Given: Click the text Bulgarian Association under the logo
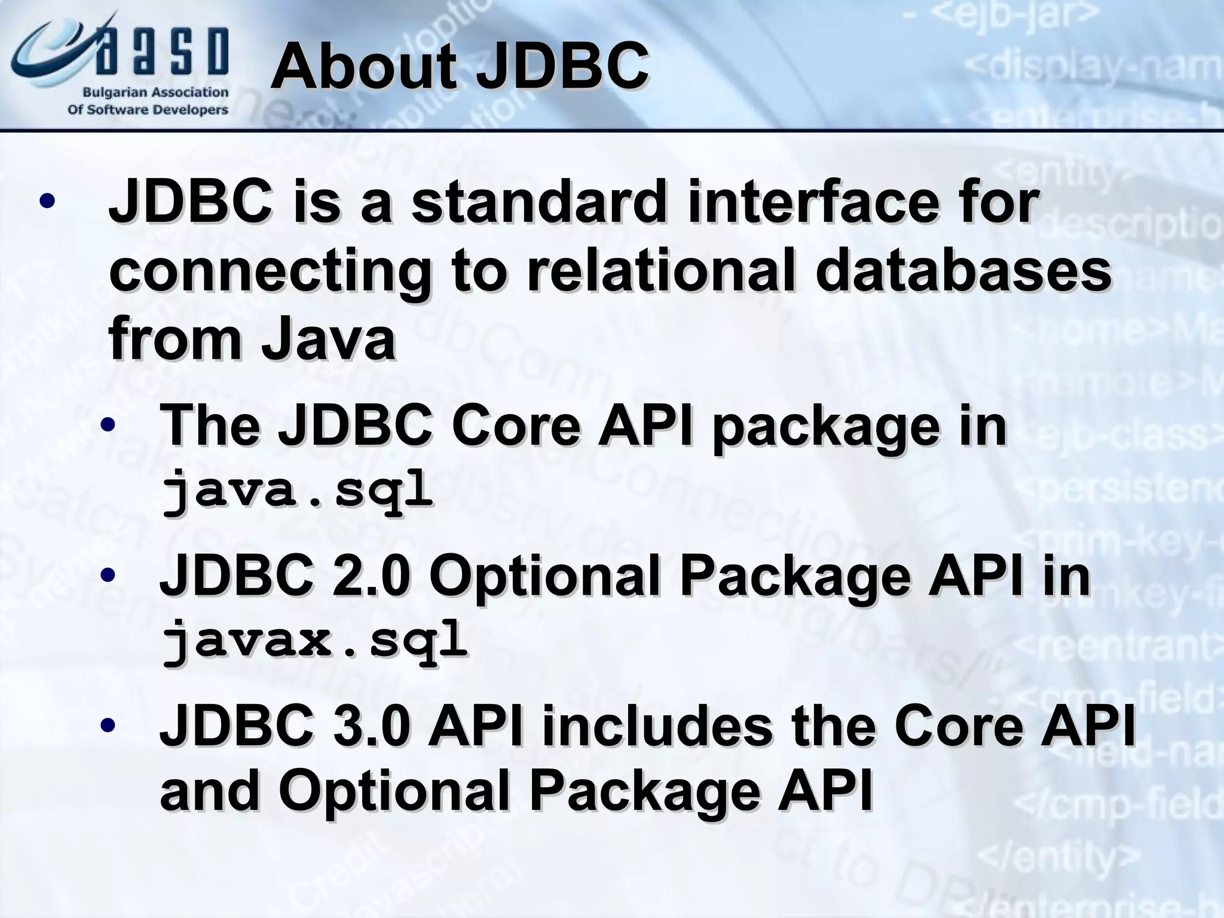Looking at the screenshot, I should point(155,93).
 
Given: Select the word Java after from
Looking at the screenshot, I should point(329,341).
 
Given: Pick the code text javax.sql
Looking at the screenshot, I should point(314,639).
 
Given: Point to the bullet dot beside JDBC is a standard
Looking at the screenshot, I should point(47,202).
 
